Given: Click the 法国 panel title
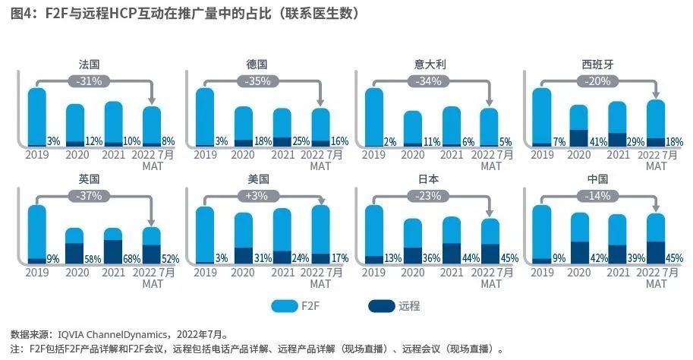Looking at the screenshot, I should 90,65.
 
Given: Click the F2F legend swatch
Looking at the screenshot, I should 285,306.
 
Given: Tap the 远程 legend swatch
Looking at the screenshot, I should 381,306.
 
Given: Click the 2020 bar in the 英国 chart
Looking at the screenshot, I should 74,245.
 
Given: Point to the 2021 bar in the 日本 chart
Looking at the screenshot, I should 451,240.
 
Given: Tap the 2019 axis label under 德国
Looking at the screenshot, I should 205,155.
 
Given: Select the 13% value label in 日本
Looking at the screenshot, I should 393,258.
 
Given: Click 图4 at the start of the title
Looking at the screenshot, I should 20,14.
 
